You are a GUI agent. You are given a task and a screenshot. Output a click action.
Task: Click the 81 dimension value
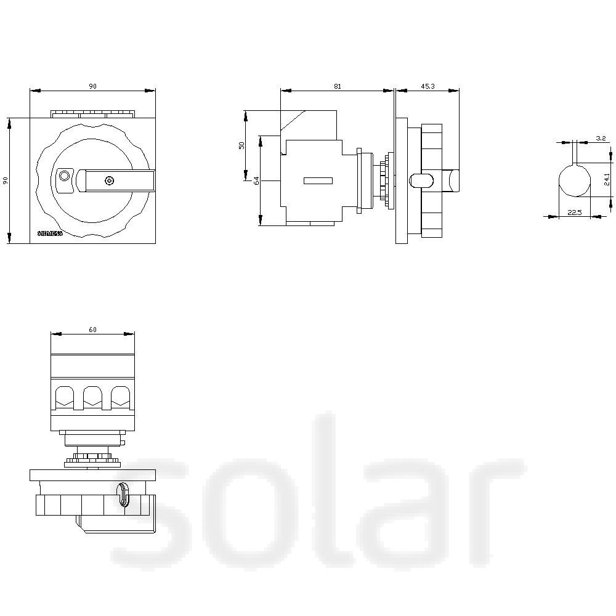(338, 86)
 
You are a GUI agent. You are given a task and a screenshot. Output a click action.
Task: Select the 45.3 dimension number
(428, 86)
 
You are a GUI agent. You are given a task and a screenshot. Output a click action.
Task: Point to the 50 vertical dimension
(242, 145)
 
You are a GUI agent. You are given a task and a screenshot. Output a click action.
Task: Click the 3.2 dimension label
(601, 139)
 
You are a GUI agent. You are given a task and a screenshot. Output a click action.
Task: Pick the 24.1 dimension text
(607, 179)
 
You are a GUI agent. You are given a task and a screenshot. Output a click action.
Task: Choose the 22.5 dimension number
(574, 213)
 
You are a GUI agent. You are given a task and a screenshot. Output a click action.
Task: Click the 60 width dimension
(92, 330)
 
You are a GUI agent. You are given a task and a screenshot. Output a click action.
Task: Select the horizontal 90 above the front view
(92, 86)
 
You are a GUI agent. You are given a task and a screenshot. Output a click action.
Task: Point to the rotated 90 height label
(6, 180)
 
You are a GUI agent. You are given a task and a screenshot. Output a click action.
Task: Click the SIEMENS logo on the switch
(51, 234)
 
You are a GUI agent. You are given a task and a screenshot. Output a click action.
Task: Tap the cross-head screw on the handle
(109, 180)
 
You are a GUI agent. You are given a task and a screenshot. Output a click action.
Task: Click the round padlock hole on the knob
(63, 177)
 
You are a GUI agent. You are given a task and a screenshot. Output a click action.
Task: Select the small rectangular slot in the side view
(318, 180)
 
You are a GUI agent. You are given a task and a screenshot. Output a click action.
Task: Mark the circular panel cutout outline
(574, 180)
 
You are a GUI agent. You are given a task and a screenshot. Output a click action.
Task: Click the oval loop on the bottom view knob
(124, 494)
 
